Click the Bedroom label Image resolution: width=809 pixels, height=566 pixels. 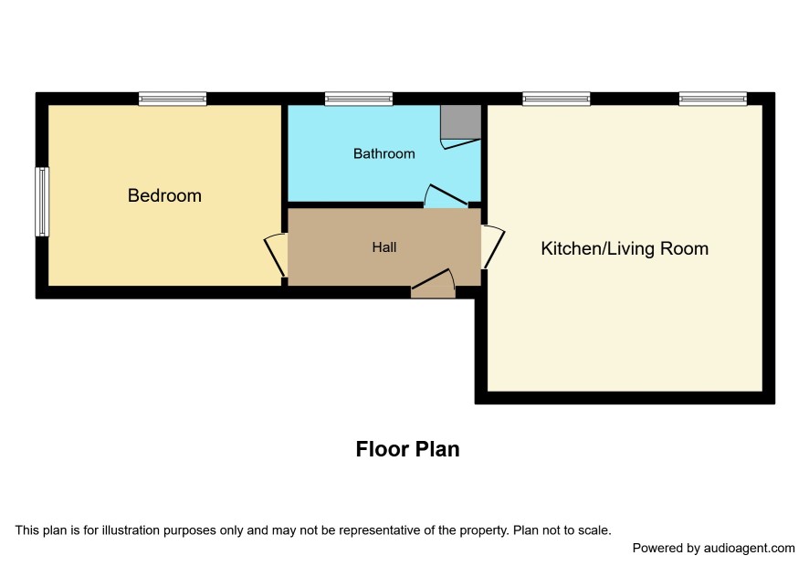click(164, 195)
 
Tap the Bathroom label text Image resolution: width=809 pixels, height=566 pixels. click(383, 153)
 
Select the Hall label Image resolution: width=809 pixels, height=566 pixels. click(384, 247)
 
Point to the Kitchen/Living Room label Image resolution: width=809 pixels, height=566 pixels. click(625, 248)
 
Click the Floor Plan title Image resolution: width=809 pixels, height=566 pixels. click(407, 449)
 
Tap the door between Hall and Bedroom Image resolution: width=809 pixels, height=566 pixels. click(276, 255)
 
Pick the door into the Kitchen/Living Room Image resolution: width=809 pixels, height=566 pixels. click(493, 246)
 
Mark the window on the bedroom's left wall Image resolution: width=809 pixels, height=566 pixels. click(42, 202)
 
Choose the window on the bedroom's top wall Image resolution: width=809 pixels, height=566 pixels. click(173, 99)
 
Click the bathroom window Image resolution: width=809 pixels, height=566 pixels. click(359, 99)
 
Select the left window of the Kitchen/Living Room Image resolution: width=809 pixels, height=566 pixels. click(556, 99)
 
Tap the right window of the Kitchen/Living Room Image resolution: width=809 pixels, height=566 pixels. click(713, 99)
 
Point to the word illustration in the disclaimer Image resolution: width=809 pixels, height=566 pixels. click(131, 530)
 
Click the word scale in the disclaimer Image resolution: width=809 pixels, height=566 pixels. click(596, 530)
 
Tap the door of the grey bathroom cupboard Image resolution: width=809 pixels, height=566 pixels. click(461, 143)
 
